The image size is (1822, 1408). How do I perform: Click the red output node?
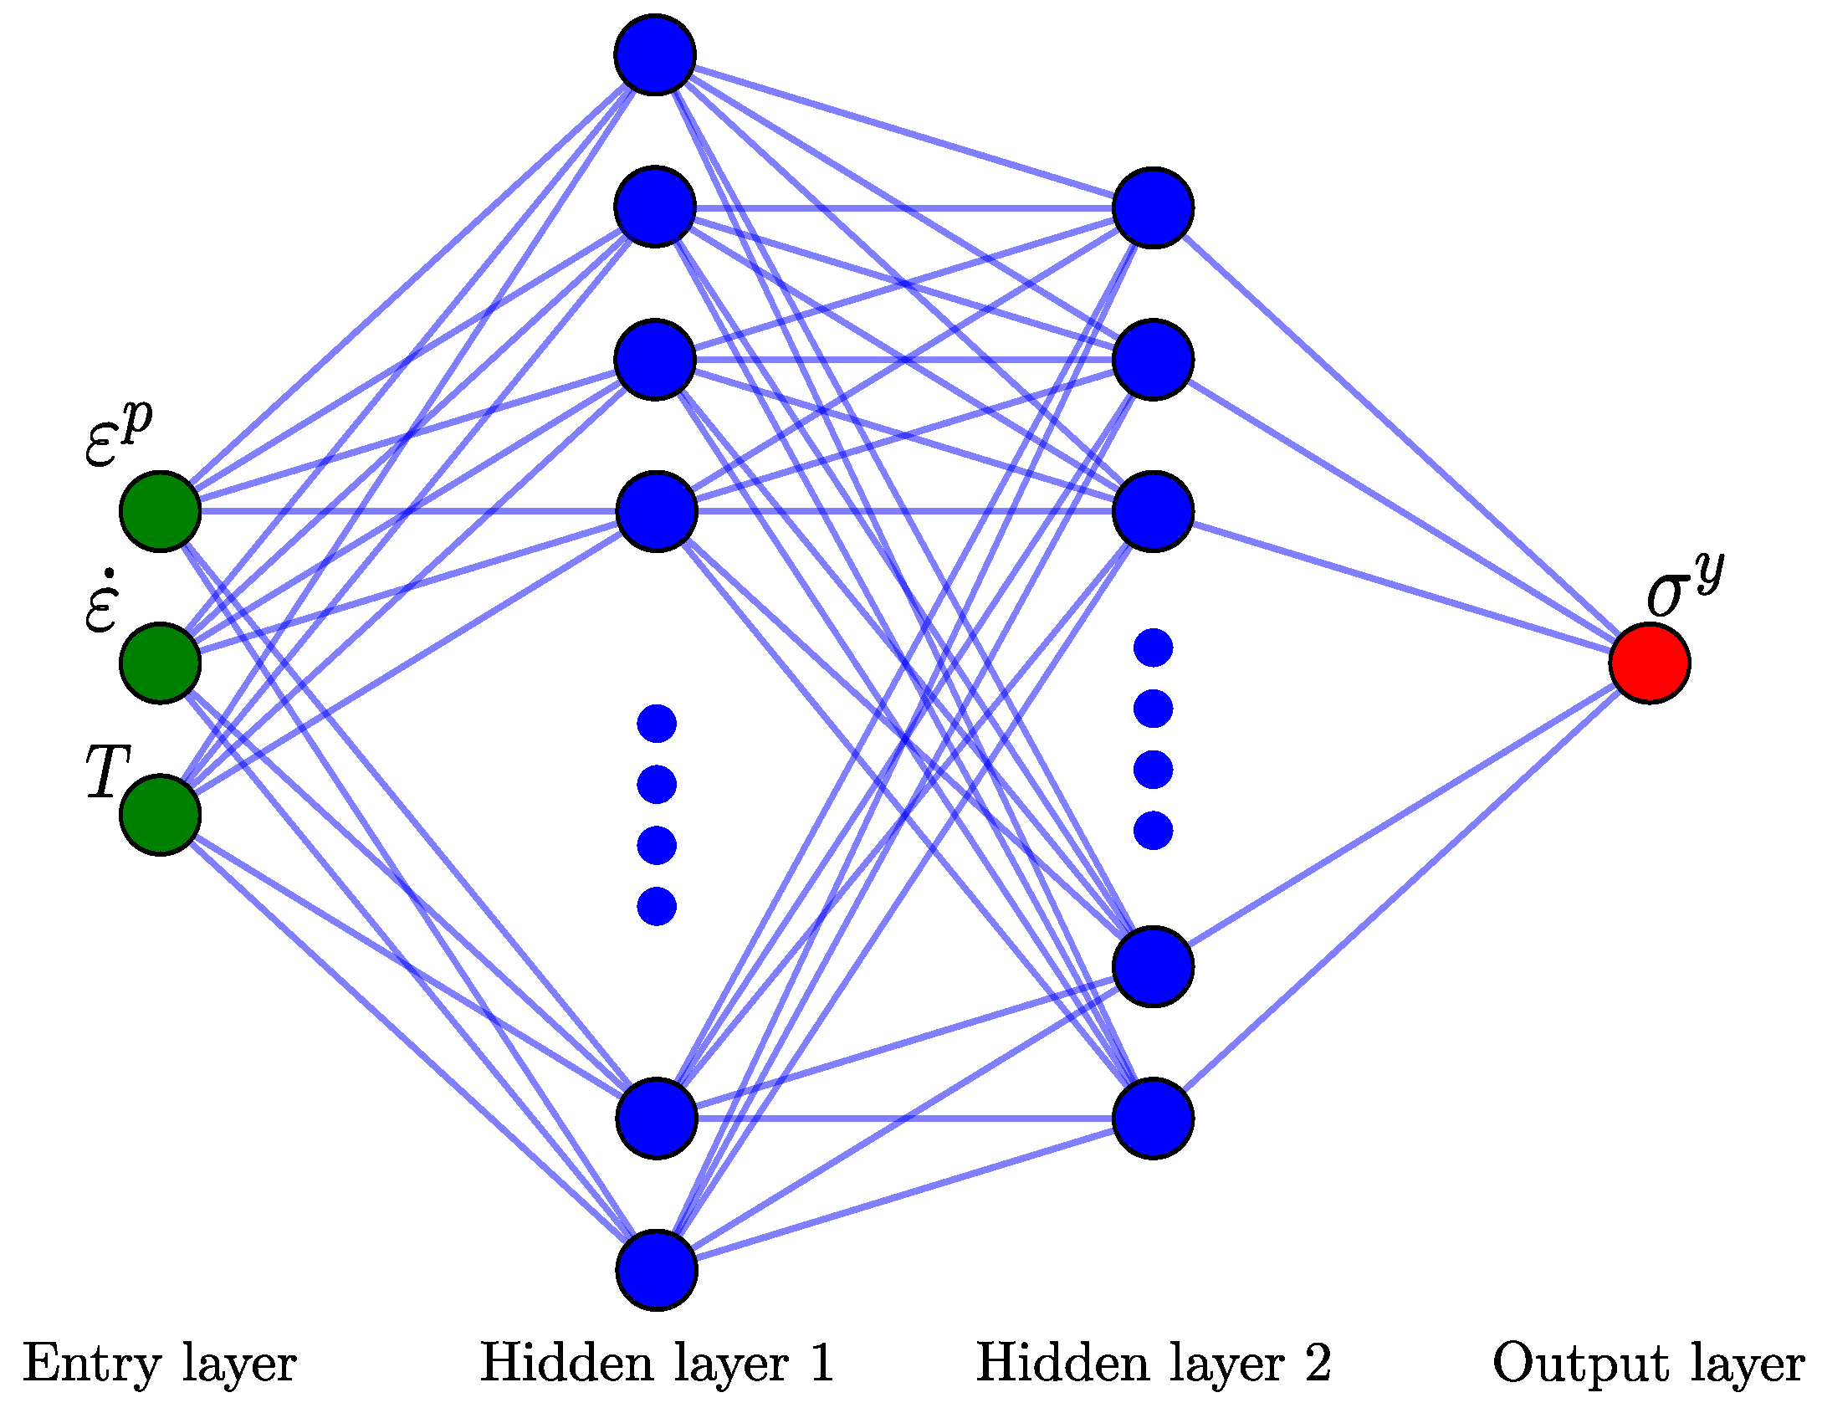coord(1649,663)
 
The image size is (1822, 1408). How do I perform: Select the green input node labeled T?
coord(160,815)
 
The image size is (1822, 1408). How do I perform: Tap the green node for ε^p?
coord(160,511)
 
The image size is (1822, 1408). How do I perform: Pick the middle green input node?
coord(160,663)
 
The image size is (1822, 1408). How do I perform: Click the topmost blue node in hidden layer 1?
coord(655,54)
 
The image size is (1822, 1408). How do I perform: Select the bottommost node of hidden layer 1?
coord(657,1270)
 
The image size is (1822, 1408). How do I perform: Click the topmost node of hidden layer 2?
coord(1153,207)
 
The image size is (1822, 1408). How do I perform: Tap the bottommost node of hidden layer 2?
coord(1153,1119)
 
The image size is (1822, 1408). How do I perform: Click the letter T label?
coord(107,771)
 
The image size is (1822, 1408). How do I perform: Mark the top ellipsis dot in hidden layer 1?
coord(657,724)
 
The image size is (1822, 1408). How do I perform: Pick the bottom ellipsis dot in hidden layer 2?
coord(1153,831)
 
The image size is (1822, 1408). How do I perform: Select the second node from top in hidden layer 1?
coord(655,207)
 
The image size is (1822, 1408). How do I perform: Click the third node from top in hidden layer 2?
coord(1153,511)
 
